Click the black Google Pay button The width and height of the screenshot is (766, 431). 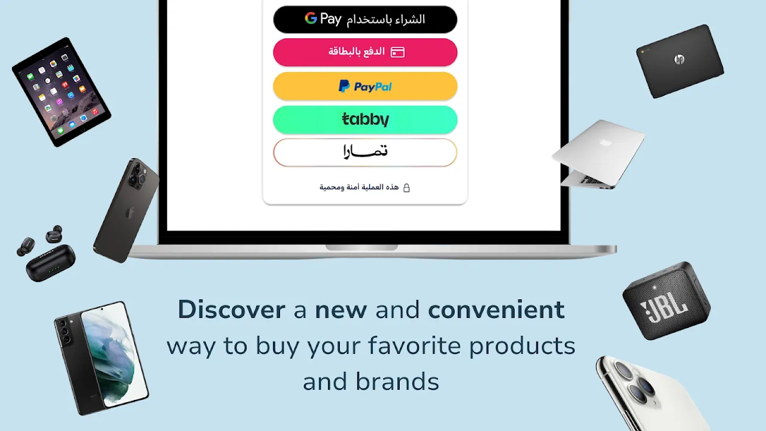365,20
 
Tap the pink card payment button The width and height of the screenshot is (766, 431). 365,52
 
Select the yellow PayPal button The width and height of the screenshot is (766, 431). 365,86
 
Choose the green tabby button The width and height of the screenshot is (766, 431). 365,119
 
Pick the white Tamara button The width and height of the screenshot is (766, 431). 365,153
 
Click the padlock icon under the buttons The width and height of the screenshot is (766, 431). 406,188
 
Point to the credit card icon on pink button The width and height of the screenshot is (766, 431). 398,52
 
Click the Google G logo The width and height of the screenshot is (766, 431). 311,18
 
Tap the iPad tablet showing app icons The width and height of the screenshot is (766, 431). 62,92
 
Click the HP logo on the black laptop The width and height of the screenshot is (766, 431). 679,59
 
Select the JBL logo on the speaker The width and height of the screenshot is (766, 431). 664,309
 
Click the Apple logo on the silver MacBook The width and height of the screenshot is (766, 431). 604,142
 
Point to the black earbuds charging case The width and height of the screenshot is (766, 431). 51,263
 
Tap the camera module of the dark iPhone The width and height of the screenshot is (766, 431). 138,175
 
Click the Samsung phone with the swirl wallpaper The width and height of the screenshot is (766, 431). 102,358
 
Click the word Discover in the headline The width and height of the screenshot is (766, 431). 232,310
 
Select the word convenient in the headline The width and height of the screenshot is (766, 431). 496,310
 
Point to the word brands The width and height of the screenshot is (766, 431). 397,382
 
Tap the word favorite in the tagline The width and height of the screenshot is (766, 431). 414,345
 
